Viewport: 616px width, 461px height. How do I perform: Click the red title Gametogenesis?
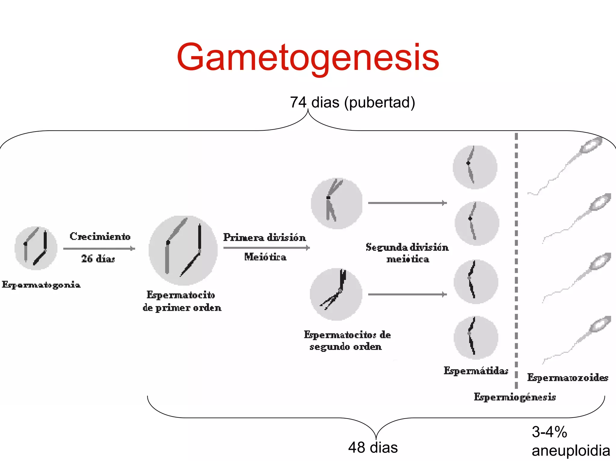308,57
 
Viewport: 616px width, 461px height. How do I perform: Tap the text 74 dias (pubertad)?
352,102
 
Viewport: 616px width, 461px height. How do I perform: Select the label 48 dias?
373,447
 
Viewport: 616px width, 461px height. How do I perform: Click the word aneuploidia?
571,451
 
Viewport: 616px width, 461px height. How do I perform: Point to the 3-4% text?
549,432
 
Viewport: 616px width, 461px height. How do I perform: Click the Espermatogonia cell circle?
36,248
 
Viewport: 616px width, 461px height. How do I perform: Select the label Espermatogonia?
41,285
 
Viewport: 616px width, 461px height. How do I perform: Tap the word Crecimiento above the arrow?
100,236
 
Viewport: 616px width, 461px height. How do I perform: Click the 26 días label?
98,258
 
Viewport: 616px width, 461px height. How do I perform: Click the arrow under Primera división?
266,248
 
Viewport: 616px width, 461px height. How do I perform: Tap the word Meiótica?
265,257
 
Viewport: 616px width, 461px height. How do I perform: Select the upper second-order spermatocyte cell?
337,203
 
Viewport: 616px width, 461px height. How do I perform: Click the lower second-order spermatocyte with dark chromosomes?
336,294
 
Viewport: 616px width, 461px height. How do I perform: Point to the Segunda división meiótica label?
407,253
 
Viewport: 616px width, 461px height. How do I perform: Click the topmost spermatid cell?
475,167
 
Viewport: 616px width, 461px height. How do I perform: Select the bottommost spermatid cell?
476,337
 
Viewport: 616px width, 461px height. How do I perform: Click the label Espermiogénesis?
515,397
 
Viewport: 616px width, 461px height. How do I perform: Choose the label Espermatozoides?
568,377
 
